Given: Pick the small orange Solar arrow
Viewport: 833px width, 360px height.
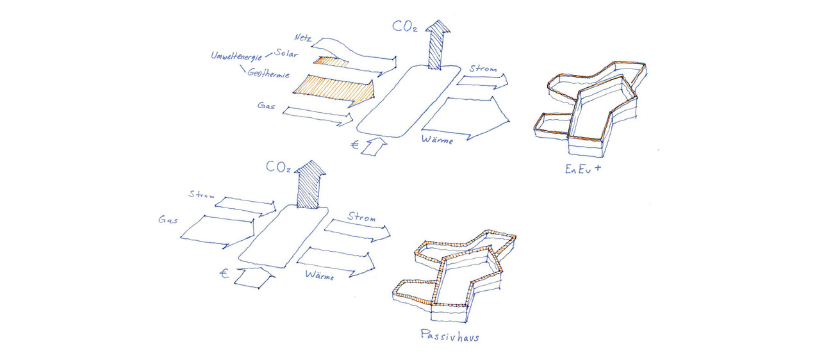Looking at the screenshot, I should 332,61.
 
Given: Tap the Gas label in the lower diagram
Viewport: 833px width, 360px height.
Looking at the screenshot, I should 167,220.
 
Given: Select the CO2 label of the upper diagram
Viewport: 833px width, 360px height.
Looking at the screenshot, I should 404,28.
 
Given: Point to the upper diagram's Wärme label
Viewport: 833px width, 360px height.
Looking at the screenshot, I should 437,139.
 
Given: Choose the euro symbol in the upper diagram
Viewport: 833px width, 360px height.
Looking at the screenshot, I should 355,145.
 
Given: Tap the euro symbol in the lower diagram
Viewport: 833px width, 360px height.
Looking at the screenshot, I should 224,274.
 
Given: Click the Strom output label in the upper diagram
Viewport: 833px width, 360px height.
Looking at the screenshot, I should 482,69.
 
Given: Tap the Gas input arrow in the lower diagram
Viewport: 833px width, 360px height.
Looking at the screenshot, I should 218,231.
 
